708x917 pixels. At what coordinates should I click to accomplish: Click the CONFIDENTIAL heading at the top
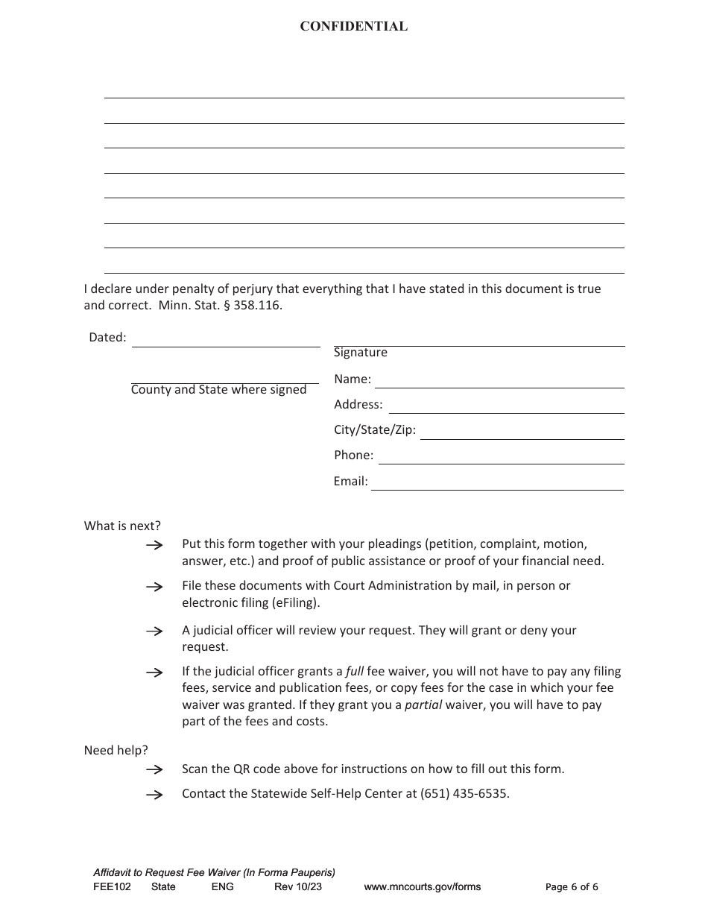[x=353, y=27]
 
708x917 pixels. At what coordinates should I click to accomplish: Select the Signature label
[x=360, y=353]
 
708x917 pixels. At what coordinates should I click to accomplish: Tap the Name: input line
[x=499, y=381]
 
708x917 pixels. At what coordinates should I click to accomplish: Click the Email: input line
[x=497, y=483]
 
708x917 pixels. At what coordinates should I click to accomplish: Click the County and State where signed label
[x=218, y=390]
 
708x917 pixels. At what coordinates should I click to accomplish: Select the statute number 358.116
[x=258, y=306]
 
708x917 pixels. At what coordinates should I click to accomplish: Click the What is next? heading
[x=122, y=526]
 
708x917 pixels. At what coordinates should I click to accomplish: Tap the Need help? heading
[x=116, y=750]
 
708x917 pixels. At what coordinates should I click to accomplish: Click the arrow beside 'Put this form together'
[x=154, y=546]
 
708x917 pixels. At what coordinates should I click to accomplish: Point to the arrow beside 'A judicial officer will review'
[x=154, y=631]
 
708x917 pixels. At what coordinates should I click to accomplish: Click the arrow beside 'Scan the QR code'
[x=154, y=769]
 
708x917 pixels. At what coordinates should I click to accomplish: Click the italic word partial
[x=423, y=705]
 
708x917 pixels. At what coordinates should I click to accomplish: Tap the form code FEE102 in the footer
[x=112, y=887]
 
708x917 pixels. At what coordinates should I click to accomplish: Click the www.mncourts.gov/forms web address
[x=422, y=887]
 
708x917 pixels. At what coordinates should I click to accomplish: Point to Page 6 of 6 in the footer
[x=572, y=887]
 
